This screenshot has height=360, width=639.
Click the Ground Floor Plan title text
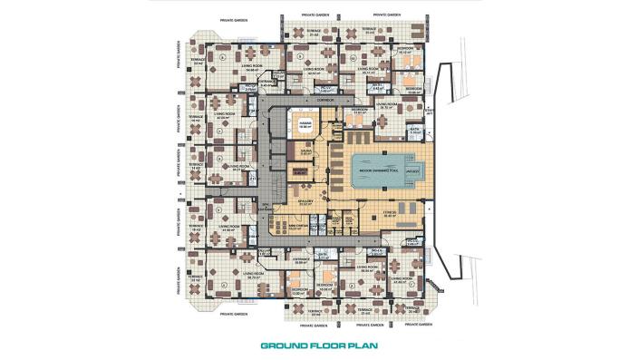pyautogui.click(x=319, y=345)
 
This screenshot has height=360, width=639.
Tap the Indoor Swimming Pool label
pyautogui.click(x=373, y=170)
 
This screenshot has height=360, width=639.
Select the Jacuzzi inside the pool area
pyautogui.click(x=411, y=170)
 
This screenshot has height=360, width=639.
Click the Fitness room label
pyautogui.click(x=393, y=215)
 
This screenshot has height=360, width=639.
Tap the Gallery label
pyautogui.click(x=305, y=202)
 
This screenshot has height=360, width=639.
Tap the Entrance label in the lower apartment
pyautogui.click(x=302, y=259)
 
